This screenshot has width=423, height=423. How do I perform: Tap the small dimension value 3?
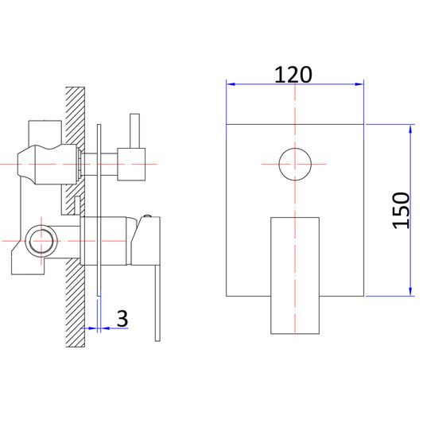(x=122, y=318)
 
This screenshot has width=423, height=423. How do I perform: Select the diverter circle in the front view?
(x=295, y=165)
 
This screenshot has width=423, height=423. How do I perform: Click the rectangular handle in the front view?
(x=295, y=270)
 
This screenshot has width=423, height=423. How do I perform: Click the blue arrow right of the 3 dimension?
(x=107, y=328)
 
